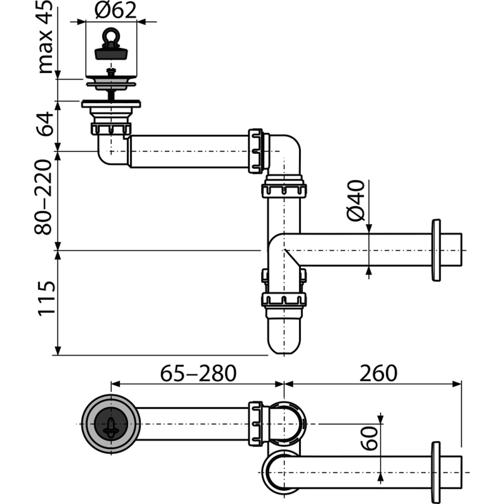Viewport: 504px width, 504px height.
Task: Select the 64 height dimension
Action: pos(46,124)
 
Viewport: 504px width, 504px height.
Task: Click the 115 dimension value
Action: pos(46,299)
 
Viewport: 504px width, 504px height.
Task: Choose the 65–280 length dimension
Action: pos(198,373)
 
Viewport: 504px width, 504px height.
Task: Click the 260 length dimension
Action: pos(378,373)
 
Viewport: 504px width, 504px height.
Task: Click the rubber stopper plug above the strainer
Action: pos(110,52)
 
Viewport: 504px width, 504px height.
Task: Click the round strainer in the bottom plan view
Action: pos(109,424)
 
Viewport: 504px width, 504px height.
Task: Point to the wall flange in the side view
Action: pos(436,250)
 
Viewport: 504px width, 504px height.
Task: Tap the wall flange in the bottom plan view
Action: pos(436,472)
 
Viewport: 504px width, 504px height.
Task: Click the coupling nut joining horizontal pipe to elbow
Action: pos(256,151)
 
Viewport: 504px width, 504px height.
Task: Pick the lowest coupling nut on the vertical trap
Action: pos(284,300)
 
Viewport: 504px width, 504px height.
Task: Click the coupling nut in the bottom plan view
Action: pos(256,423)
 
